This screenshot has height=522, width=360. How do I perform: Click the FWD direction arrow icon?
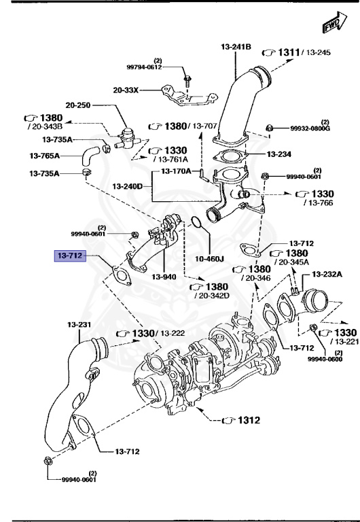tap(331, 24)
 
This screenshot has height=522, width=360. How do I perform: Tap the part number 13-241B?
tap(236, 46)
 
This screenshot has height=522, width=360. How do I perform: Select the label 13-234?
tap(279, 154)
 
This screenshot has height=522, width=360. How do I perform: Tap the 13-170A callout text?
tap(176, 171)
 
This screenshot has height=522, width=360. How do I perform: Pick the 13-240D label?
tap(128, 185)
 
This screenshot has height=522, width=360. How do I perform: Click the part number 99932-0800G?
tap(310, 128)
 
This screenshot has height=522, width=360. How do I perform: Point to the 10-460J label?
tap(210, 259)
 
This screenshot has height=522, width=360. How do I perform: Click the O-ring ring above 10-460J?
tap(193, 222)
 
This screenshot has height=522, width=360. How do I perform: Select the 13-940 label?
tap(164, 277)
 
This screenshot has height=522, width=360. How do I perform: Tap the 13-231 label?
tap(79, 324)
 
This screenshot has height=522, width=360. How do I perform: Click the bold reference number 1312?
tap(248, 420)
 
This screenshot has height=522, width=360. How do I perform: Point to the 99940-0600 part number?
tap(329, 360)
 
